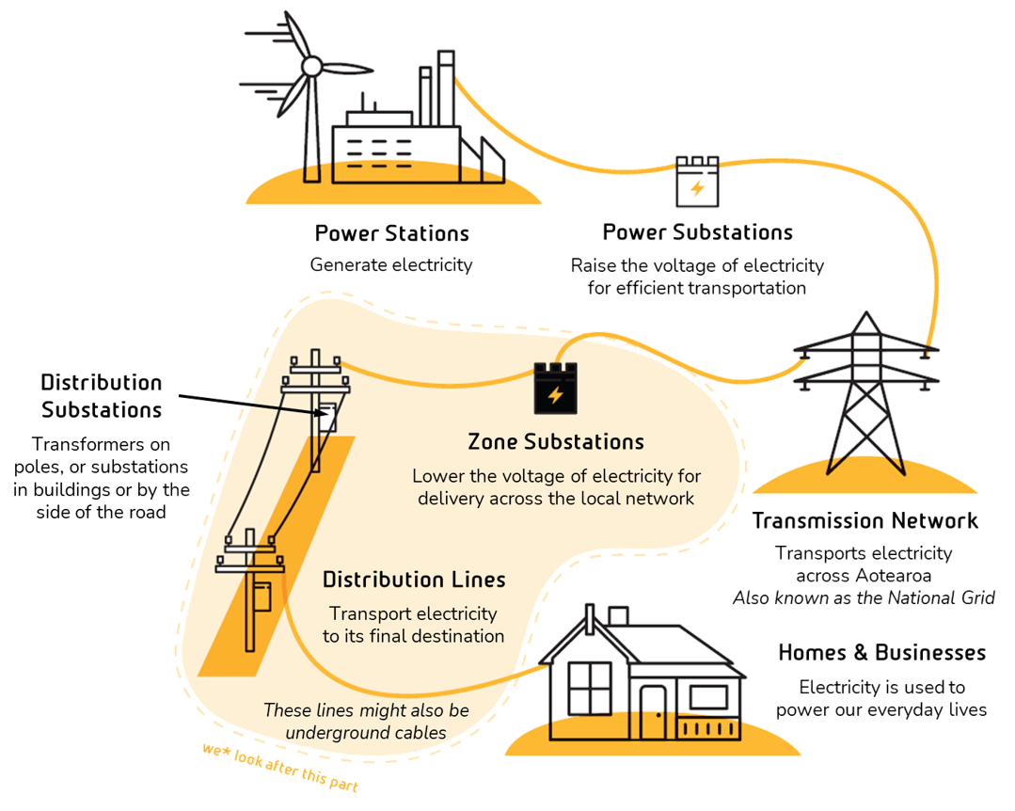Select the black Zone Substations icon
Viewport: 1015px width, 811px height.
click(x=556, y=388)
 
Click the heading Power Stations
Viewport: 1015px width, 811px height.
click(x=392, y=233)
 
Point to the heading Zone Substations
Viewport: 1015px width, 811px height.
click(x=556, y=442)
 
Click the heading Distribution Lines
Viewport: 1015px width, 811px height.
click(x=414, y=580)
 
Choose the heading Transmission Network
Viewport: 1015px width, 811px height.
click(x=865, y=521)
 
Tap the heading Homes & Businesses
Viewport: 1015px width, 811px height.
click(x=881, y=653)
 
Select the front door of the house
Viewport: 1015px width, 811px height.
click(x=653, y=711)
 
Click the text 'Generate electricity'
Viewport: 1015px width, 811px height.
click(x=391, y=265)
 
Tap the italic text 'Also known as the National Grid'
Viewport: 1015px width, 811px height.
click(x=864, y=598)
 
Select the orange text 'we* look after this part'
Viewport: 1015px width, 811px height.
click(x=280, y=769)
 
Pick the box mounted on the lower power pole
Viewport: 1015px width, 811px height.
click(x=263, y=598)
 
